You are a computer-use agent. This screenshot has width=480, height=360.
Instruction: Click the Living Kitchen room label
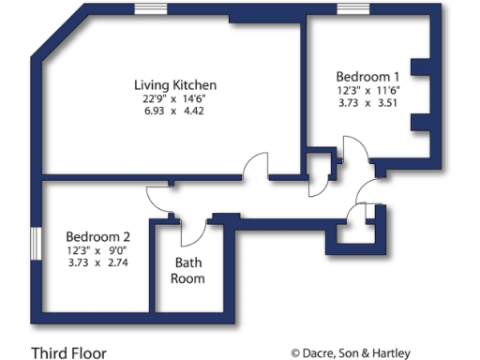coord(176,85)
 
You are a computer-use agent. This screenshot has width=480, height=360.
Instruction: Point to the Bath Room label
coord(185,271)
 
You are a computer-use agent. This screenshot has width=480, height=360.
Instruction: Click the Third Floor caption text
coord(68,352)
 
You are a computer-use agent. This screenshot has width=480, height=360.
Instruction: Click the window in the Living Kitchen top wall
coord(150,9)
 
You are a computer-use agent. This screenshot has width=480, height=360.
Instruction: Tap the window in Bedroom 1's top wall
coord(352,9)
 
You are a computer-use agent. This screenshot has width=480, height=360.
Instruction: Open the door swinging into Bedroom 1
coord(355,155)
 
